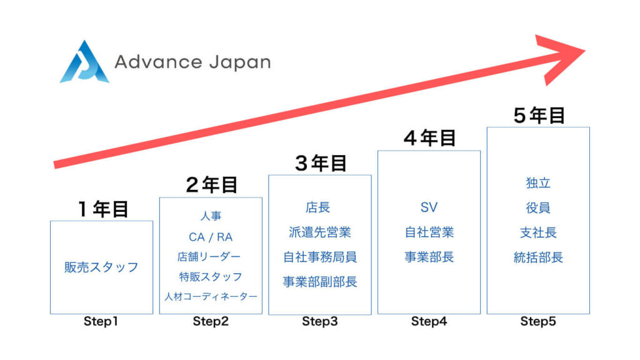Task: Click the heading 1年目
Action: coord(103,209)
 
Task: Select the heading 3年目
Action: coord(321,163)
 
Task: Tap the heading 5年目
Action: coord(539,116)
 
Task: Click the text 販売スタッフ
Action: coord(101,267)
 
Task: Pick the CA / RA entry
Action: coord(211,237)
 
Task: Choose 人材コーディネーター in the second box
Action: coord(211,296)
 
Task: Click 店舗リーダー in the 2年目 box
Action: coord(211,257)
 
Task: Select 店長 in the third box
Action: coord(320,207)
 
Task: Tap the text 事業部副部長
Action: coord(320,282)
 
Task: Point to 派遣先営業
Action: coord(320,232)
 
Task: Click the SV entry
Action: coord(429,207)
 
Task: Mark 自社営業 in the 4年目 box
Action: coord(429,232)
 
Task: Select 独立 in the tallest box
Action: coord(538,183)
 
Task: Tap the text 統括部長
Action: coord(538,257)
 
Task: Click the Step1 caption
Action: coord(101,322)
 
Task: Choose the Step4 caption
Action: coord(429,322)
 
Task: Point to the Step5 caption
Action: coord(538,322)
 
